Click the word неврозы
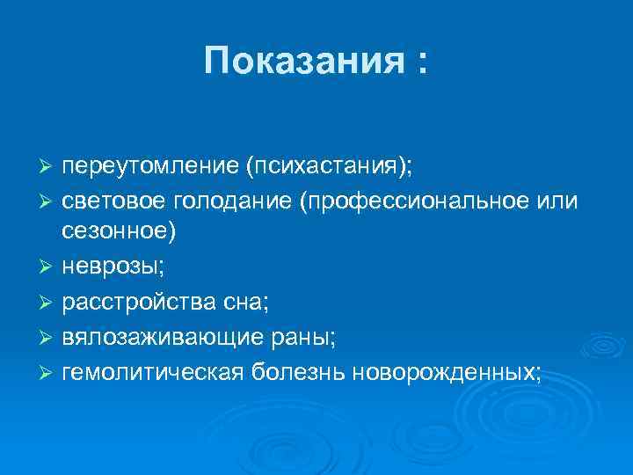[102, 264]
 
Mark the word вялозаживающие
[156, 338]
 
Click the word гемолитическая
[155, 372]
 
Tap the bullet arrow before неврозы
[49, 265]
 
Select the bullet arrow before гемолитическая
[49, 373]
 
